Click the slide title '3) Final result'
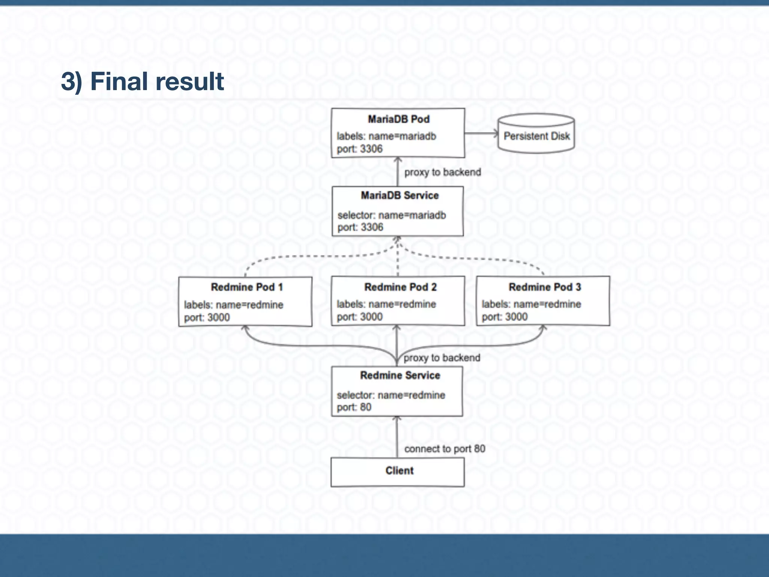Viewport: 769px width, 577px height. (142, 82)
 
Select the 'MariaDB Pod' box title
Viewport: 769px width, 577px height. (398, 119)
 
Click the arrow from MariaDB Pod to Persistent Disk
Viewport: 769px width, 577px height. (481, 133)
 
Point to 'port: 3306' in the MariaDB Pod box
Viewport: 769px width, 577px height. (359, 149)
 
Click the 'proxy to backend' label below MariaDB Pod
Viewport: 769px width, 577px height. (442, 172)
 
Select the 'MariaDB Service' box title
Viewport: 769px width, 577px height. (400, 195)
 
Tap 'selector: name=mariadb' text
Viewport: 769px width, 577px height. (391, 215)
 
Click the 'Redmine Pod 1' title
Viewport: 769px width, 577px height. (247, 287)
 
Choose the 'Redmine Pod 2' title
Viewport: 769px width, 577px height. (400, 287)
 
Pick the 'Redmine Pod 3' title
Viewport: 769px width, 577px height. (544, 287)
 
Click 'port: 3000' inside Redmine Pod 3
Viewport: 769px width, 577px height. (504, 317)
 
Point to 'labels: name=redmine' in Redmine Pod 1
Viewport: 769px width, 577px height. (233, 305)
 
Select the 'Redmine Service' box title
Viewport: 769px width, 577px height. (400, 375)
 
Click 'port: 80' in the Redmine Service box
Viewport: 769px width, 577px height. (354, 407)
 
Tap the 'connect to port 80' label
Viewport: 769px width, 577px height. (445, 449)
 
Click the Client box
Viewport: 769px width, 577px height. (398, 472)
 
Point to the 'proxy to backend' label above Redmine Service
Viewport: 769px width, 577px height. (442, 358)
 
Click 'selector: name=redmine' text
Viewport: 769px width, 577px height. (391, 395)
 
